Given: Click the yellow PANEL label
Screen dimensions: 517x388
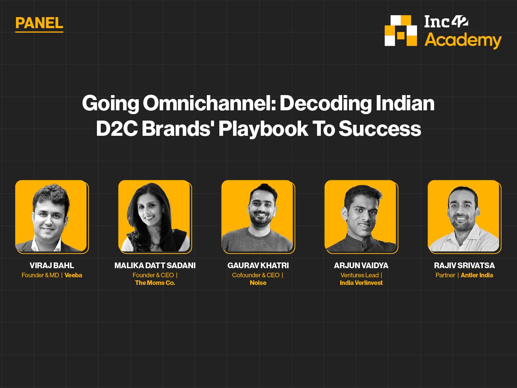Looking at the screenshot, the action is [x=39, y=23].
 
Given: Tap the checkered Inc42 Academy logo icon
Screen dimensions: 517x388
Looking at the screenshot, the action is [x=401, y=31].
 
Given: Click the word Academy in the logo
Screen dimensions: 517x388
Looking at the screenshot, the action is [x=463, y=41].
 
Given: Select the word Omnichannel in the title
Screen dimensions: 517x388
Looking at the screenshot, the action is [x=209, y=103].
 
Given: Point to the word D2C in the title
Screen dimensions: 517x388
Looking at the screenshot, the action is [x=117, y=129].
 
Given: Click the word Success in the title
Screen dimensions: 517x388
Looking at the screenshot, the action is [x=380, y=129].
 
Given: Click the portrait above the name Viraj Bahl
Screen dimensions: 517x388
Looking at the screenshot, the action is [x=52, y=216].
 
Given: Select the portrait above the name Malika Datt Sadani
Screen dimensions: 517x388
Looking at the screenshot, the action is [x=155, y=216].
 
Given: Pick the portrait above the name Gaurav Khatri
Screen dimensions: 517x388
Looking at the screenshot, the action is [x=258, y=216].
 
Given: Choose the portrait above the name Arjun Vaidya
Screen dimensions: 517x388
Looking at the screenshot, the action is [x=361, y=216].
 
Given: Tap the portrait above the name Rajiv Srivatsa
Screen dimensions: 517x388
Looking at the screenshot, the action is [x=465, y=216].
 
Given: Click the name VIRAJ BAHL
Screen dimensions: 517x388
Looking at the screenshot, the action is [x=52, y=266].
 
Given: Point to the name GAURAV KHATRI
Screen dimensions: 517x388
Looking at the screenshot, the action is [x=258, y=266].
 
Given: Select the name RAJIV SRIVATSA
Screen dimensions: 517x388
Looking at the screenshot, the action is [x=465, y=266].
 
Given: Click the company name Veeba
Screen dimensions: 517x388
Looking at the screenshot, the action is [x=73, y=275].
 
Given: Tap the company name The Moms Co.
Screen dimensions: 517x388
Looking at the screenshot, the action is [x=155, y=283].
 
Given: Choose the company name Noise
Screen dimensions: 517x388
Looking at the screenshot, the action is [x=258, y=283].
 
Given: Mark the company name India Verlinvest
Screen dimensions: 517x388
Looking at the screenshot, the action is [x=361, y=283].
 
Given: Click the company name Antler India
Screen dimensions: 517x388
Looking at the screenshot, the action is [x=477, y=275].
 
